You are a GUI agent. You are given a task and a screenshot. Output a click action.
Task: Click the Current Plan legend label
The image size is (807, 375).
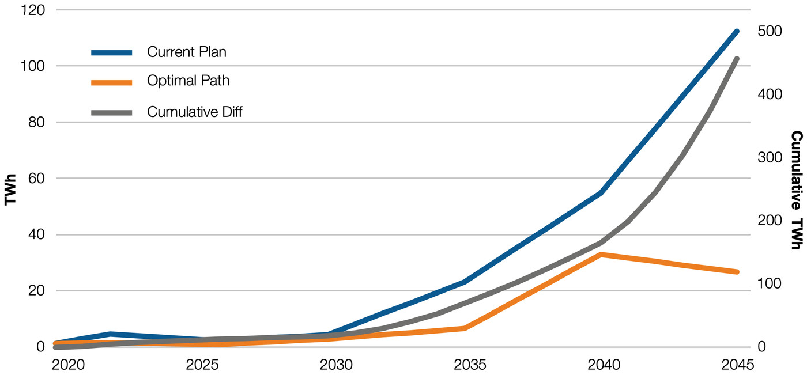[x=186, y=52]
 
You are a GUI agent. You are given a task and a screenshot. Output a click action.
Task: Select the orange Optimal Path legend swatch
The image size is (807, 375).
[x=112, y=82]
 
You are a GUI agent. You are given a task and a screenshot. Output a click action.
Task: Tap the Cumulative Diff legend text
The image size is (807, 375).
[x=194, y=112]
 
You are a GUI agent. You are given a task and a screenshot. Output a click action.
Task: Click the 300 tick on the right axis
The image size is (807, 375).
[x=770, y=157]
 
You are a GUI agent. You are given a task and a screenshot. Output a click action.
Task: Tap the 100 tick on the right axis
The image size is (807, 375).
[x=770, y=283]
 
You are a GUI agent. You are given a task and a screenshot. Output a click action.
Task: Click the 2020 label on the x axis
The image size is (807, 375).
[x=68, y=365]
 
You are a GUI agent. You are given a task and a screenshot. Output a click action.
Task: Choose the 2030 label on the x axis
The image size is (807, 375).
[x=336, y=365]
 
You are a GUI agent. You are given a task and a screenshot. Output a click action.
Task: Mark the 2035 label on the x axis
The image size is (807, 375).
[x=470, y=365]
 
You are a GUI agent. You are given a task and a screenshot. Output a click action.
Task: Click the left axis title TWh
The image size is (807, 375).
[x=10, y=188]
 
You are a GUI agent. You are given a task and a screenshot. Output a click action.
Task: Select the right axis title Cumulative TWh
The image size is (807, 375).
[x=796, y=190]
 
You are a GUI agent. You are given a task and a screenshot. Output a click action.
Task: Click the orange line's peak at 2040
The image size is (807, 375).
[x=601, y=254]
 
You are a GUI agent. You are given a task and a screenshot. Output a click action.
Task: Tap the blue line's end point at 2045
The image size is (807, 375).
[x=737, y=31]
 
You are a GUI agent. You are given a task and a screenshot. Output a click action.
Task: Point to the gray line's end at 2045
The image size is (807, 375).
[x=737, y=58]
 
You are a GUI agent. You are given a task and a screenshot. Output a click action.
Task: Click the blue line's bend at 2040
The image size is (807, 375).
[x=601, y=193]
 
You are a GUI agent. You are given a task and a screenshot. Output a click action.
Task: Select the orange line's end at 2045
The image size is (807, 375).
[x=737, y=272]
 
